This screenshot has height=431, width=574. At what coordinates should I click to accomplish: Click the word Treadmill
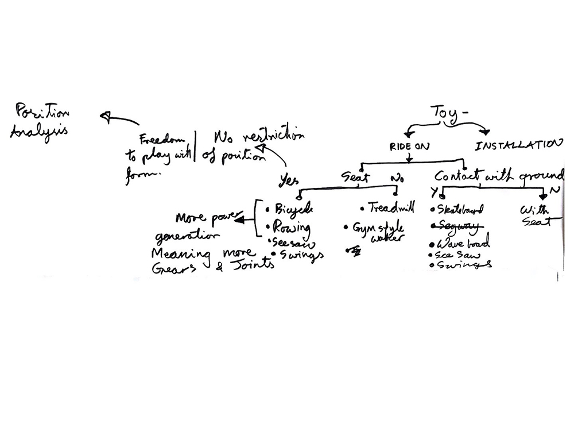click(391, 208)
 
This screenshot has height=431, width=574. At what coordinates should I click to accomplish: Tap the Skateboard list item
click(460, 209)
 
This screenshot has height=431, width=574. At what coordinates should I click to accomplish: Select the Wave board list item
click(463, 244)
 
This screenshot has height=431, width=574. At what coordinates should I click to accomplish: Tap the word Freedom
click(164, 140)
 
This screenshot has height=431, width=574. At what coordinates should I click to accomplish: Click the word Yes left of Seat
click(289, 180)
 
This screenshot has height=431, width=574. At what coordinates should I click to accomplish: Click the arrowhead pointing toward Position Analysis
click(105, 117)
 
